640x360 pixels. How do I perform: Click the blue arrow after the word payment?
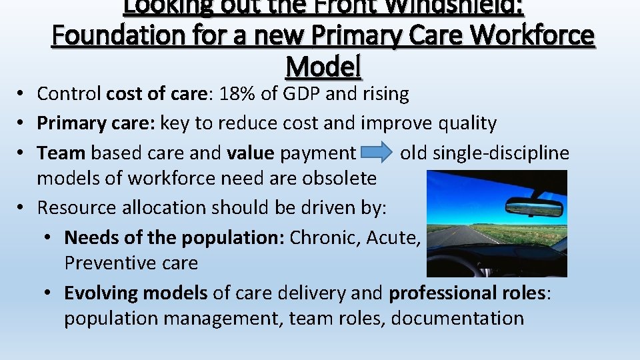pyautogui.click(x=377, y=153)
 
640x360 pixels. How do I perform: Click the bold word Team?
pyautogui.click(x=61, y=153)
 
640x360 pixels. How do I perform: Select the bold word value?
pyautogui.click(x=250, y=153)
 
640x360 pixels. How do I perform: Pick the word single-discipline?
pyautogui.click(x=501, y=153)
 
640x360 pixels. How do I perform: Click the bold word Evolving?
pyautogui.click(x=101, y=293)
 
